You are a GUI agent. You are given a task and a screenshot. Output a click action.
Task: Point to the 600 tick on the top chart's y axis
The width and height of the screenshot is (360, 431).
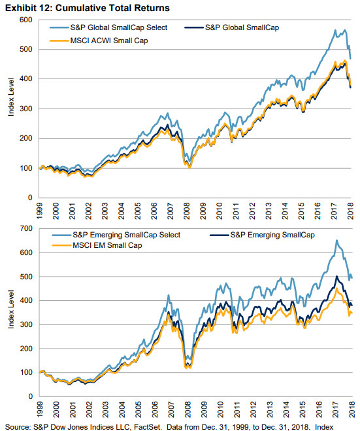point(27,20)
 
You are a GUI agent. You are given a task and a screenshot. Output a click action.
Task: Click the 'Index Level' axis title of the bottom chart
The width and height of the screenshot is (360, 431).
point(10,311)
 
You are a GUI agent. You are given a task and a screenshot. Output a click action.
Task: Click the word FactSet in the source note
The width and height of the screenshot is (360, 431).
point(136,426)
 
